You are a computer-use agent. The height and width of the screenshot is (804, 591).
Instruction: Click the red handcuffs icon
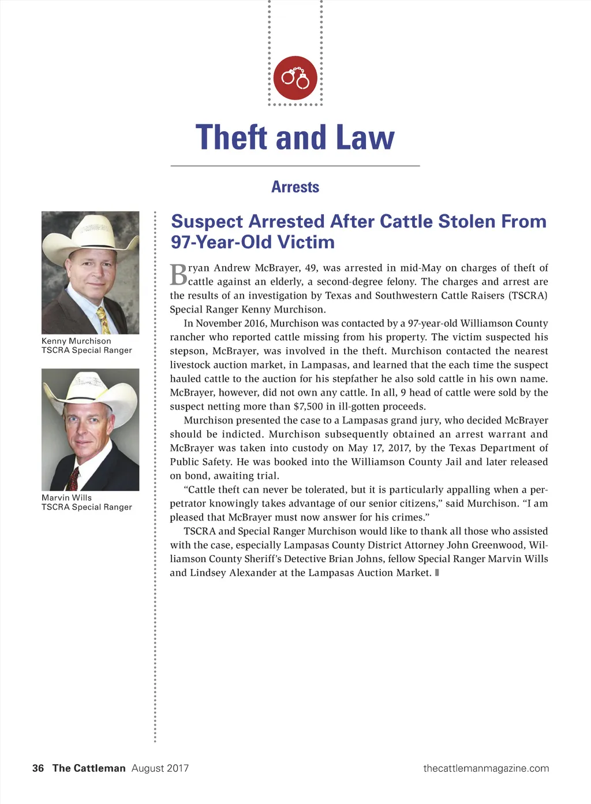[x=295, y=78]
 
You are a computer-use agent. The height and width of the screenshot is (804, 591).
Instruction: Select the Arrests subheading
[x=295, y=187]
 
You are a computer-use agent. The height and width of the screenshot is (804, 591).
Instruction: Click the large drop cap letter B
[x=178, y=275]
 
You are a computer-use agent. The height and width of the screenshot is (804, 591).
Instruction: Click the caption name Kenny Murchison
[x=76, y=341]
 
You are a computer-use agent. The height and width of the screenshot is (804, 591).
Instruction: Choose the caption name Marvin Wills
[x=66, y=497]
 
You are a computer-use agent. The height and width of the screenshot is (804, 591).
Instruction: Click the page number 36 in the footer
[x=38, y=768]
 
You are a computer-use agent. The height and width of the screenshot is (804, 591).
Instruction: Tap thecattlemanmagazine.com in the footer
[x=486, y=768]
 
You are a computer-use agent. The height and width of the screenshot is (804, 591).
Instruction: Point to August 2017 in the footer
[x=160, y=768]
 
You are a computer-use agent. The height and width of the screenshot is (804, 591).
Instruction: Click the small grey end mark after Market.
[x=437, y=572]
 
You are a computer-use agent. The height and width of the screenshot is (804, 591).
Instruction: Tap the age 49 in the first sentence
[x=310, y=267]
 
